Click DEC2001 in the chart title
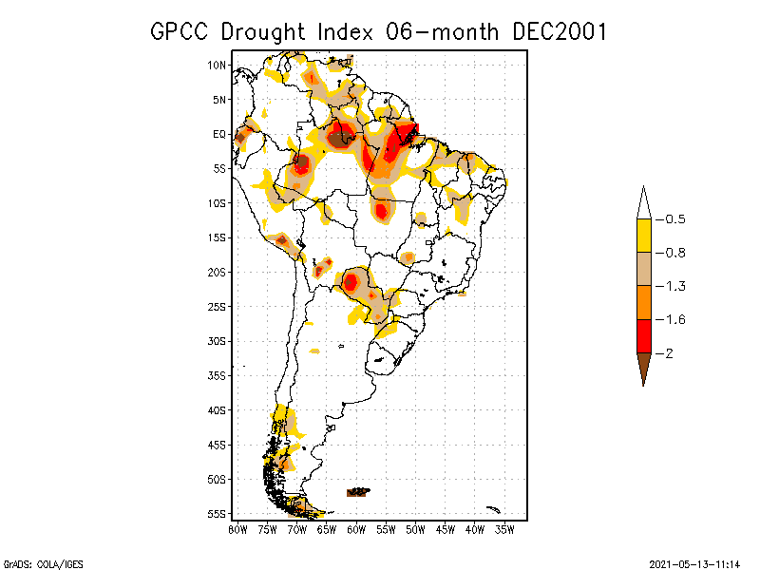click(x=559, y=31)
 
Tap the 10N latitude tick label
click(x=218, y=66)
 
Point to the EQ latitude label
click(x=219, y=134)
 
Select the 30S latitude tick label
click(x=218, y=341)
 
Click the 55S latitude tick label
click(x=218, y=514)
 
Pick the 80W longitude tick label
click(x=237, y=529)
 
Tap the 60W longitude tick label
click(x=356, y=529)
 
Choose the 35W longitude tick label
click(x=504, y=529)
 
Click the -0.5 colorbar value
click(x=674, y=219)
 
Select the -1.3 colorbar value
click(x=674, y=286)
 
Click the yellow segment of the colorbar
click(x=643, y=236)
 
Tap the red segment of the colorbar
click(x=643, y=335)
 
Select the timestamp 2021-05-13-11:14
click(x=694, y=562)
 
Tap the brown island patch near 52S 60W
click(x=358, y=491)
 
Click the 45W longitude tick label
click(x=446, y=529)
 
